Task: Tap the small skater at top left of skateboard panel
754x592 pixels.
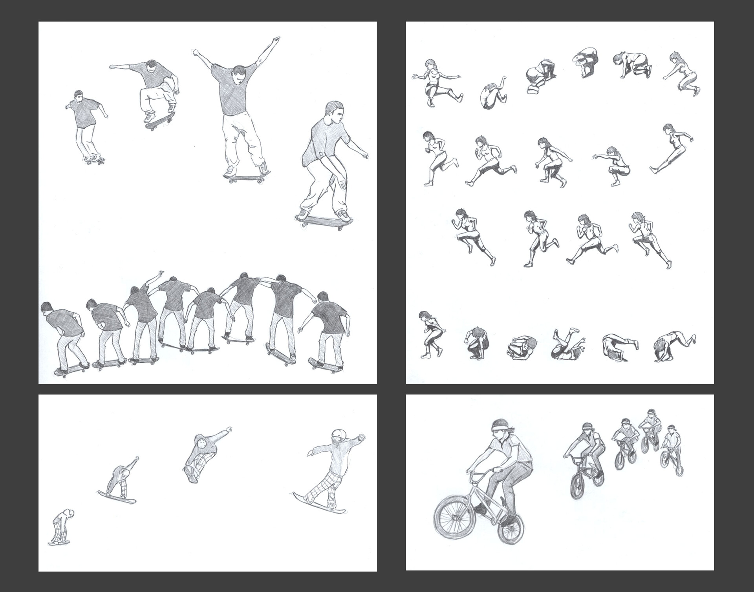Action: pyautogui.click(x=86, y=126)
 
